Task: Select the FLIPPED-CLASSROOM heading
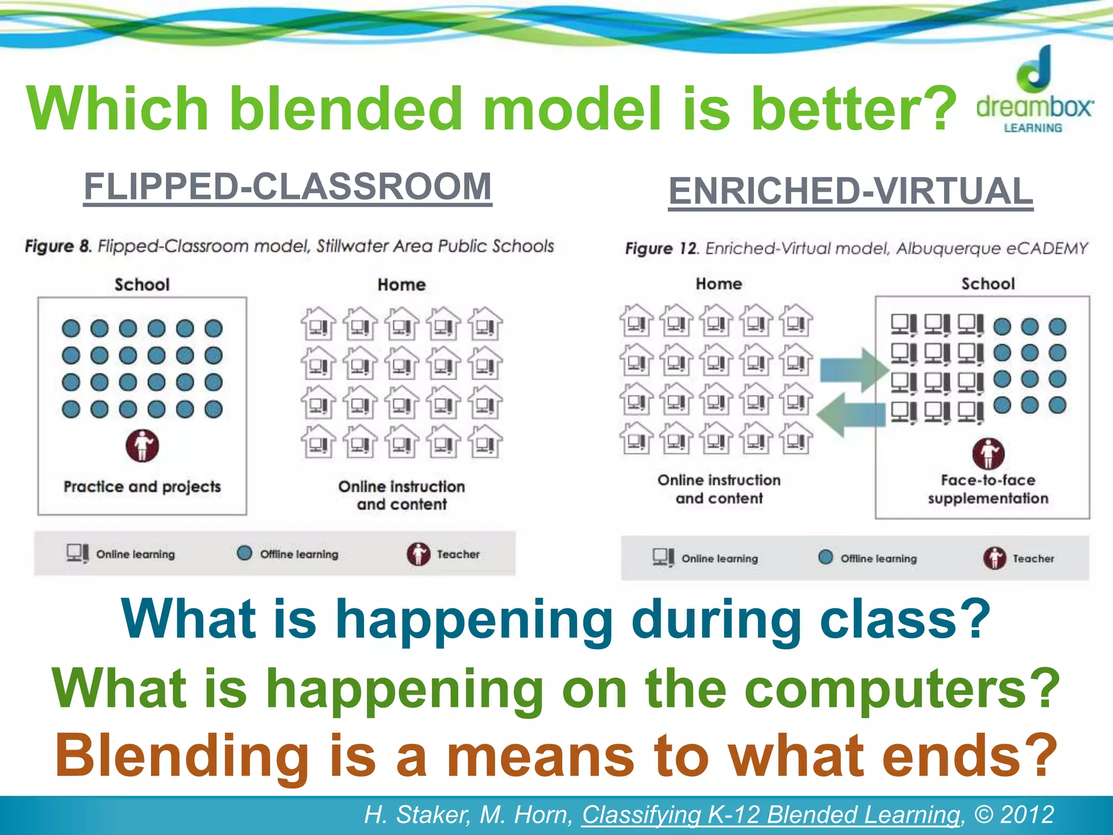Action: click(x=287, y=186)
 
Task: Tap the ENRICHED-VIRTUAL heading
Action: click(x=851, y=191)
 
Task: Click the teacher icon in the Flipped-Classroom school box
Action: click(x=142, y=446)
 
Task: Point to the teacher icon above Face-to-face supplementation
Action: click(x=988, y=453)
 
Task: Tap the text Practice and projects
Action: click(x=142, y=487)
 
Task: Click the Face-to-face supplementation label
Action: click(x=988, y=489)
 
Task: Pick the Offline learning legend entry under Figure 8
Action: click(x=288, y=554)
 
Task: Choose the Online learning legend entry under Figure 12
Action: click(x=705, y=558)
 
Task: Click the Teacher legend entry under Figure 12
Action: click(x=1018, y=558)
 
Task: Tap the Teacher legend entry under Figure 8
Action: click(x=443, y=554)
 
